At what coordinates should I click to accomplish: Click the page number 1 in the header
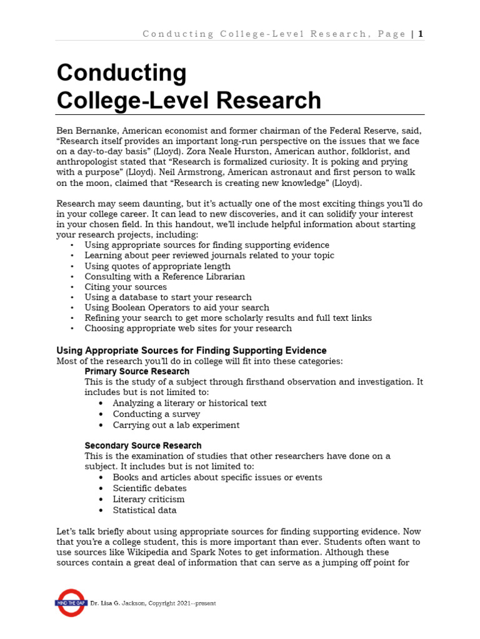(x=421, y=34)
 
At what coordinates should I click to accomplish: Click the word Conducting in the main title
(x=121, y=73)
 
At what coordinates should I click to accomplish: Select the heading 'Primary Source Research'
(x=137, y=371)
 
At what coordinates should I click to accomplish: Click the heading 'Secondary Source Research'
(x=143, y=446)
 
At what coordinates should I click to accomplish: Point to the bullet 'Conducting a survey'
(x=156, y=414)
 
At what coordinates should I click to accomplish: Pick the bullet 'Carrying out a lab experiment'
(x=176, y=425)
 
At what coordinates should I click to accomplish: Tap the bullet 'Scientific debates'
(x=149, y=488)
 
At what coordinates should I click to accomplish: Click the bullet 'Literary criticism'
(x=149, y=499)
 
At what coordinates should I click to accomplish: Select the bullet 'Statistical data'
(x=144, y=510)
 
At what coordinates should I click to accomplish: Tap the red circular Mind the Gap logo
(x=71, y=603)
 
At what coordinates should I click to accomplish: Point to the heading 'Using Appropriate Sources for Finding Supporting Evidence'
(x=191, y=351)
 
